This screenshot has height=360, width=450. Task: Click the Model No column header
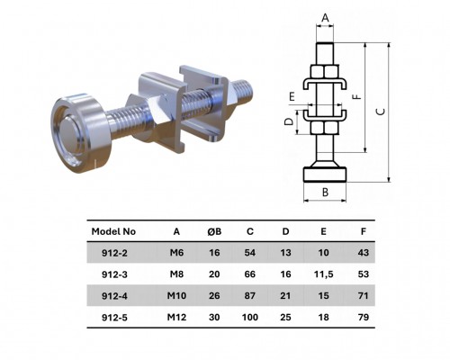114,231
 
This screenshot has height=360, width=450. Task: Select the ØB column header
213,231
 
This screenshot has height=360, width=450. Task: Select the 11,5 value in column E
324,274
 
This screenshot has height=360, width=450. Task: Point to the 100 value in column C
249,317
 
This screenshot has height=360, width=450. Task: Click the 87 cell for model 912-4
249,296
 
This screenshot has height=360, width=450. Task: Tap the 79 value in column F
363,317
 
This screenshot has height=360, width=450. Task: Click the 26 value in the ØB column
213,296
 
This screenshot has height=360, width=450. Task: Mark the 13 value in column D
286,253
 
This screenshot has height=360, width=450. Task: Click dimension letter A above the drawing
325,17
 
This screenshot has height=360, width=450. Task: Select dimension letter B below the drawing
325,191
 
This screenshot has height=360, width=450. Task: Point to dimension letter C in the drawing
379,112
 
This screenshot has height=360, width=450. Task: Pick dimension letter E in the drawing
292,94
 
